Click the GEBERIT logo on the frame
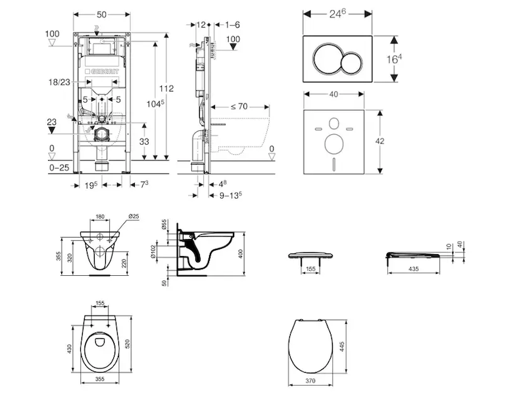(x=107, y=68)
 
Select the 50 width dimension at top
(x=102, y=14)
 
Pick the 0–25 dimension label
(x=60, y=169)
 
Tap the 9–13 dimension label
(x=231, y=194)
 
